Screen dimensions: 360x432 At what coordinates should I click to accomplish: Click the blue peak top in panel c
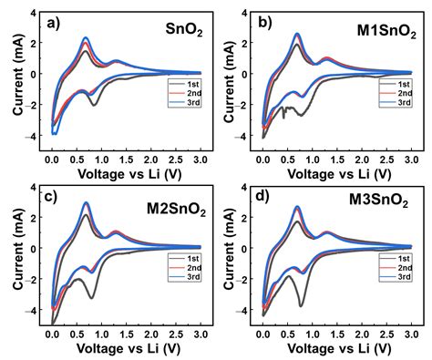click(x=87, y=203)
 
